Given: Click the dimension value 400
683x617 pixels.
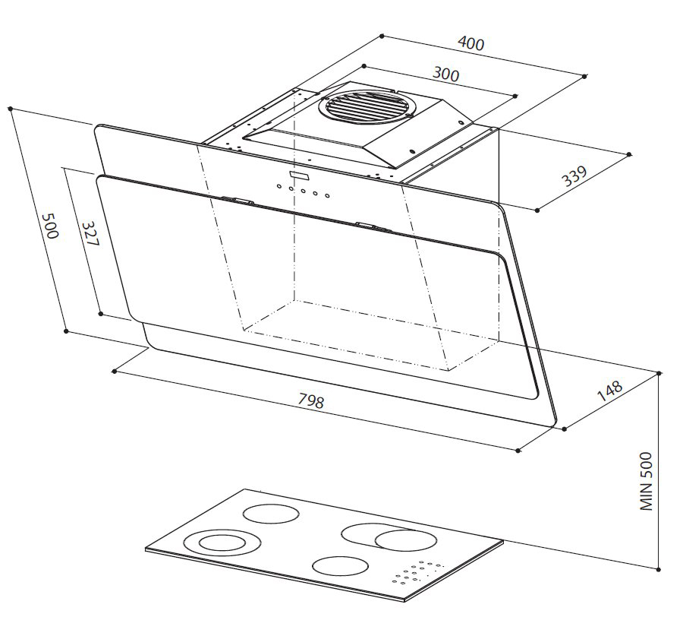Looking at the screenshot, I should [471, 44].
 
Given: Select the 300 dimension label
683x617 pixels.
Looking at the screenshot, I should [445, 74].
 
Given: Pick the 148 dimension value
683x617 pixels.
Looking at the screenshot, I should [609, 391].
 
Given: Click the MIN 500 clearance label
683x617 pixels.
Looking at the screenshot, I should [646, 482].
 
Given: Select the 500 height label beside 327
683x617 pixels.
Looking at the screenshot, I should [50, 226].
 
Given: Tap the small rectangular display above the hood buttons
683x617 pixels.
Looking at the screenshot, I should [297, 176].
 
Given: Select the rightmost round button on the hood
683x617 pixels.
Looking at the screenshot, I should [328, 196].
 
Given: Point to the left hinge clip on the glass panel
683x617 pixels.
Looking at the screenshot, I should [238, 201].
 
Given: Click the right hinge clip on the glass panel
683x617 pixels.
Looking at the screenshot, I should [372, 226].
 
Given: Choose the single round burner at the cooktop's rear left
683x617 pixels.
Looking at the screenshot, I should [269, 513].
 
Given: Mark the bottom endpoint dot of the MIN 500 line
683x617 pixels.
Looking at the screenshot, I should [659, 566].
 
